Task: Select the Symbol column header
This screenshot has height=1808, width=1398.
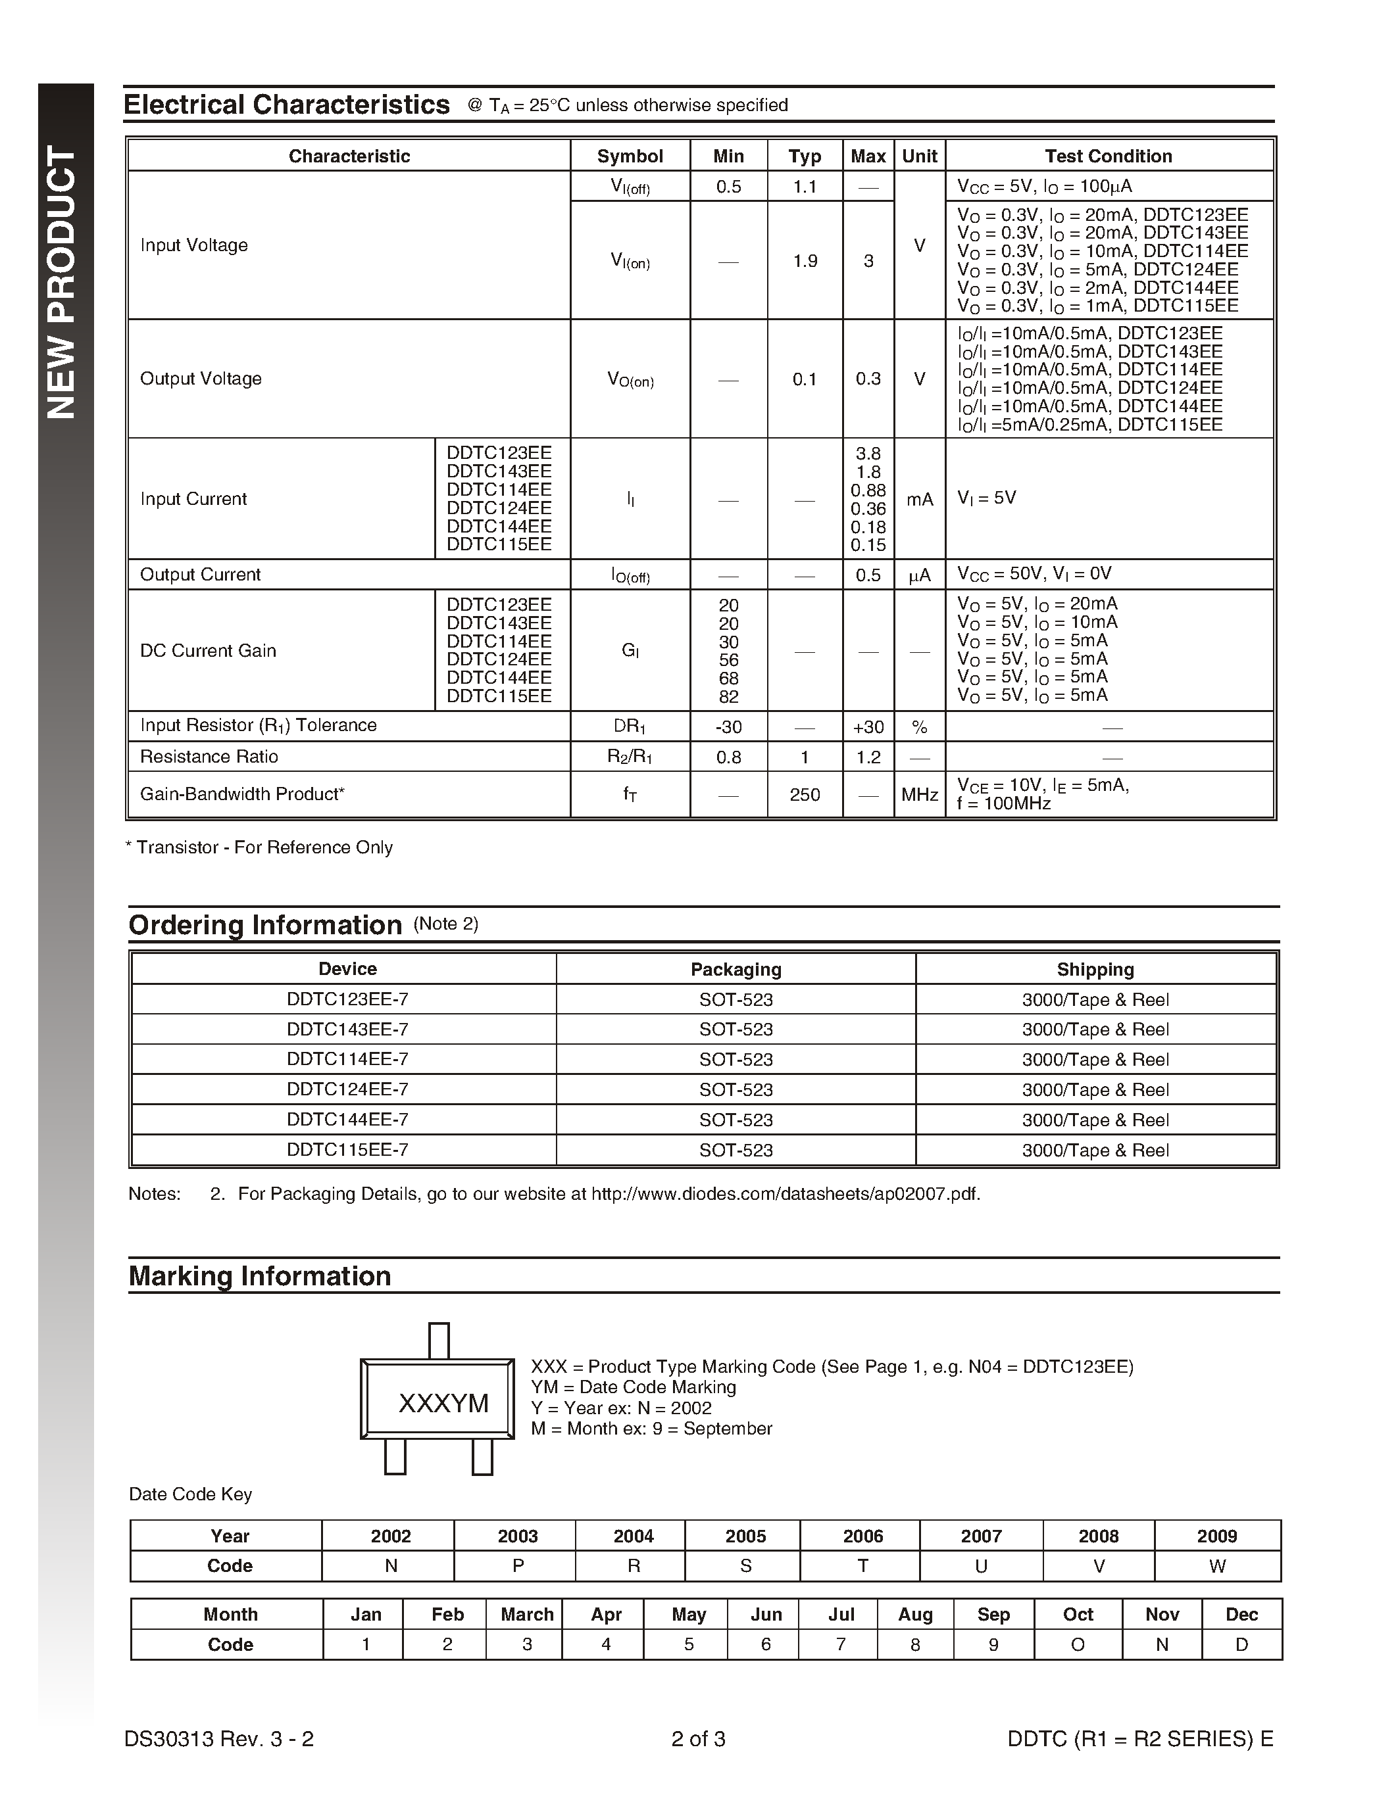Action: (x=630, y=156)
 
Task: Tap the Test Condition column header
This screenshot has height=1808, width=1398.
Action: (x=1108, y=156)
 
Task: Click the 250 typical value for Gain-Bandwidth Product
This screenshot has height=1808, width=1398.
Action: (x=804, y=795)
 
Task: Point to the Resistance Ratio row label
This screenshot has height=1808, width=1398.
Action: (x=209, y=757)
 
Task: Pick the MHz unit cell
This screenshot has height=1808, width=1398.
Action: (x=919, y=795)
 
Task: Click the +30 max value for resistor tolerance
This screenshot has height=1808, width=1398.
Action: (x=868, y=728)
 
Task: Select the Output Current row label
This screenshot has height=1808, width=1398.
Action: (x=201, y=575)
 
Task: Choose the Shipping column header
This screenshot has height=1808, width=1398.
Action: (x=1095, y=969)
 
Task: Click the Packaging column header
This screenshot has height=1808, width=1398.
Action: (x=736, y=969)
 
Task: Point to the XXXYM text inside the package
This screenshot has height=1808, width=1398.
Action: (x=443, y=1404)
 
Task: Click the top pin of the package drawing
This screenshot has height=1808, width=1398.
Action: (x=439, y=1341)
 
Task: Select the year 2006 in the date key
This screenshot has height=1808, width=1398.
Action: (x=863, y=1536)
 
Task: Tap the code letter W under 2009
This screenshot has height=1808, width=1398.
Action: (x=1216, y=1566)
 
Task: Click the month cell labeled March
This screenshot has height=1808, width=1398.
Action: (x=527, y=1614)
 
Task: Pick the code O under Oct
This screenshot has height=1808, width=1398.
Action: (x=1078, y=1644)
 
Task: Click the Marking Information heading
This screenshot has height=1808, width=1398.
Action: (x=259, y=1275)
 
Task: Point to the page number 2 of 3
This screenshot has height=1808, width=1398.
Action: (x=698, y=1739)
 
